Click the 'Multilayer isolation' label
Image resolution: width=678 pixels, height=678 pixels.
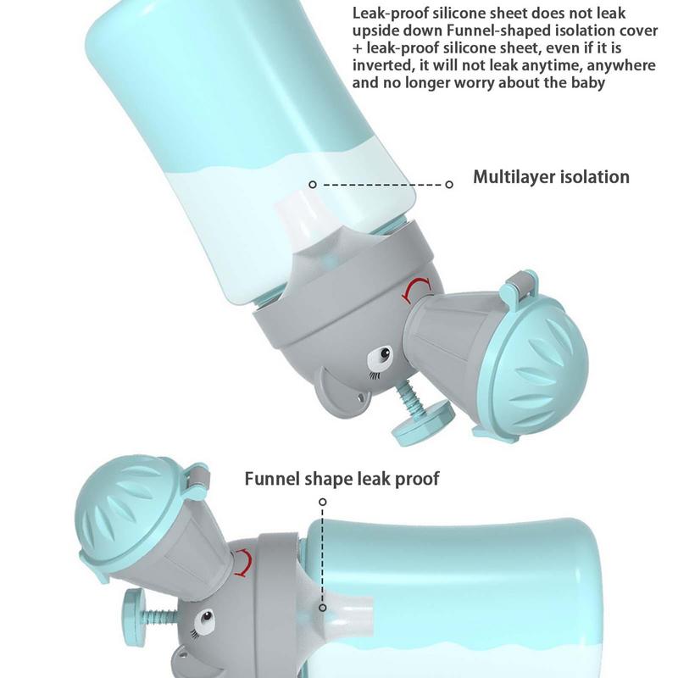click(551, 177)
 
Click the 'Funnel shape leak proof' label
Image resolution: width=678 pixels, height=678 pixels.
click(342, 479)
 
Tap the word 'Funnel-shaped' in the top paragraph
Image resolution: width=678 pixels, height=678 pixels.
click(497, 31)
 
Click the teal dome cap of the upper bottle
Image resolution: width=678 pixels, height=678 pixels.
click(536, 364)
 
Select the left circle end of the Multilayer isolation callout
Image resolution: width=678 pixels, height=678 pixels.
click(313, 185)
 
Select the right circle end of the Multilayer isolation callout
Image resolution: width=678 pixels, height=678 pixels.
click(449, 185)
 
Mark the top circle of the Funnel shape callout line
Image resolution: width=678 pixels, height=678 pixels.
click(323, 502)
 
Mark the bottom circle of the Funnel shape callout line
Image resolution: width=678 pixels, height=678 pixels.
click(323, 608)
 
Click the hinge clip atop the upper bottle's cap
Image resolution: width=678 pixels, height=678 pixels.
click(522, 283)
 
